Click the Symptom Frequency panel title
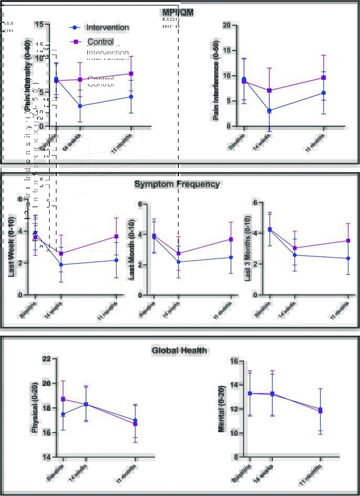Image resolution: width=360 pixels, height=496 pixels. tap(177, 184)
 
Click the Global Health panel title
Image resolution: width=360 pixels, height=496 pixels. tap(179, 351)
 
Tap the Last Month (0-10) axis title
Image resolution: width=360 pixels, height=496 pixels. tap(132, 250)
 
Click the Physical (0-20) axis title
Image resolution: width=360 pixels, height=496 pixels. tap(35, 408)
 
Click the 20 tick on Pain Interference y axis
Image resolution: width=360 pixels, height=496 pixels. tap(227, 25)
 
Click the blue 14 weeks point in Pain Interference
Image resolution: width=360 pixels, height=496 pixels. tap(269, 111)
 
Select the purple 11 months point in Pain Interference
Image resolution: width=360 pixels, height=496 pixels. tap(324, 78)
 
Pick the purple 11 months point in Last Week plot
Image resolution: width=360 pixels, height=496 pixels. tap(117, 236)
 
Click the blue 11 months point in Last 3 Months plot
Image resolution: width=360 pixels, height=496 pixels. tap(348, 258)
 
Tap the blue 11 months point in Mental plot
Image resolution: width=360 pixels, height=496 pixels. tap(321, 409)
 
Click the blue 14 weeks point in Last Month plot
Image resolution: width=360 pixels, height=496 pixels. tap(178, 262)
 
